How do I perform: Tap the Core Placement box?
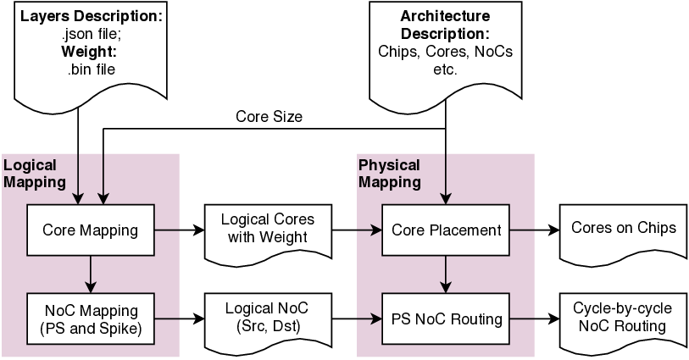(446, 230)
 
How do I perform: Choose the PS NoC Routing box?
(446, 319)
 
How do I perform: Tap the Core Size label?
(269, 116)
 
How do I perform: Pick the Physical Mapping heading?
(390, 174)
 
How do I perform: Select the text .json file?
(90, 35)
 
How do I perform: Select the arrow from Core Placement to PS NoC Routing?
(446, 273)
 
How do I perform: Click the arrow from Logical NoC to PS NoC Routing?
(355, 319)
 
